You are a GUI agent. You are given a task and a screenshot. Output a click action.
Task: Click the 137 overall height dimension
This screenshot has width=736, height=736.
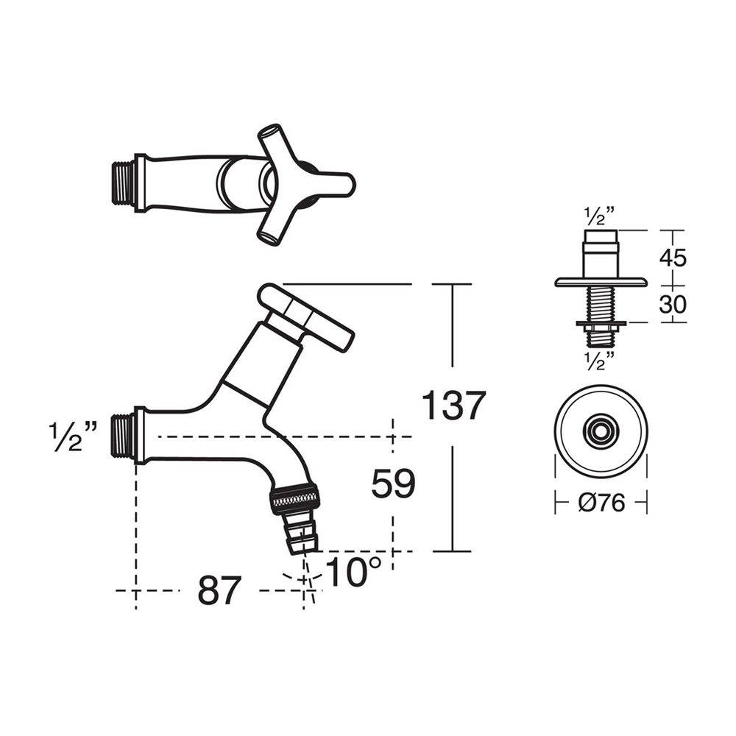[454, 406]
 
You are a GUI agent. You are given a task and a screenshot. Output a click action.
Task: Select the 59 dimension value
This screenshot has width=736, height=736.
[393, 484]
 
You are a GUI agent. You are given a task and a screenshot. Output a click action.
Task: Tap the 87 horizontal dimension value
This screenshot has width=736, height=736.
[219, 590]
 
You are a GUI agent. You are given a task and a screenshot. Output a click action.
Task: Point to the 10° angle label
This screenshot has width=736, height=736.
[353, 572]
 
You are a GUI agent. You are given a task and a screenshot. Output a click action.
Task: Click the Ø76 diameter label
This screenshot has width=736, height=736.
[601, 503]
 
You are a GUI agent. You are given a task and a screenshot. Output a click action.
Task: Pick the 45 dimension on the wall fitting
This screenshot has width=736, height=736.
[673, 258]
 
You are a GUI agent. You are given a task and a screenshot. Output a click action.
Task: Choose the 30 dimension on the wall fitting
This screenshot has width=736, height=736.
[673, 304]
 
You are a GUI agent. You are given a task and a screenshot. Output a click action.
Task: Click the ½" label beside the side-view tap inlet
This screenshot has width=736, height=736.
[74, 436]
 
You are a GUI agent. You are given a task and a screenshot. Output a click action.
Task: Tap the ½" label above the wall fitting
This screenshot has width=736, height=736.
[599, 216]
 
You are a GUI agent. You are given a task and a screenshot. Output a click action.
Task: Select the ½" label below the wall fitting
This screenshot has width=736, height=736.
[599, 360]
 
